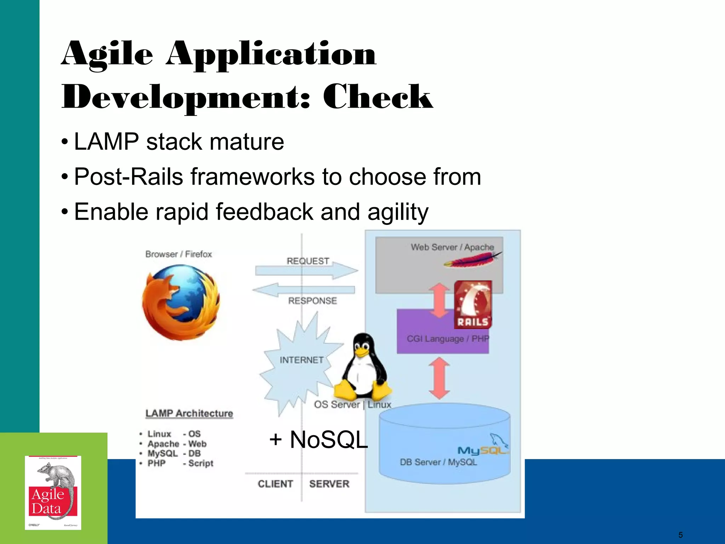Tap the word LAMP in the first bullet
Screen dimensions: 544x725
[x=106, y=142]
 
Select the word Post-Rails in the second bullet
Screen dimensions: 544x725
[x=129, y=176]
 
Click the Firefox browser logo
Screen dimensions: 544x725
[x=181, y=302]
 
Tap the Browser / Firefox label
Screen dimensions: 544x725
[x=178, y=254]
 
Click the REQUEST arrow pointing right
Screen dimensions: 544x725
[x=307, y=270]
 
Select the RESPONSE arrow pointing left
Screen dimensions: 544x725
[x=304, y=290]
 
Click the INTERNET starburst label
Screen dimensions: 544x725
[x=301, y=360]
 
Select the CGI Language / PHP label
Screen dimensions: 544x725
[x=447, y=339]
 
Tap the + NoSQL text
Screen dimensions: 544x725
[x=318, y=440]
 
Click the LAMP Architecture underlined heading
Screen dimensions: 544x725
[x=189, y=413]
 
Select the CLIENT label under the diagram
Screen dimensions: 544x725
[x=275, y=484]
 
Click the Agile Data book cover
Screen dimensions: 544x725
[x=53, y=493]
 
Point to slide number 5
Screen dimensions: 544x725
[x=680, y=535]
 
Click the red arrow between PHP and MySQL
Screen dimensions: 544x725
[x=439, y=378]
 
